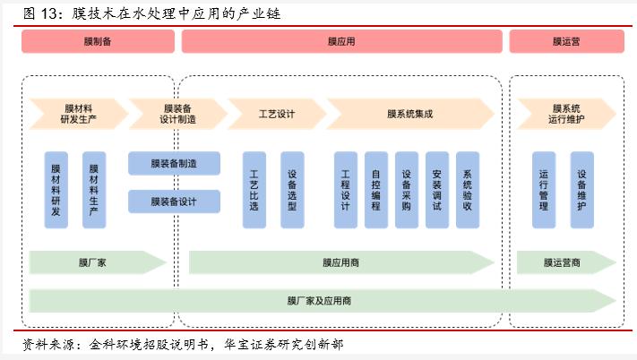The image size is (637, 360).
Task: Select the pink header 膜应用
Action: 341,41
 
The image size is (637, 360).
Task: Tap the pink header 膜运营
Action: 565,41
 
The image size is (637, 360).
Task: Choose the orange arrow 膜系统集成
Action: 409,114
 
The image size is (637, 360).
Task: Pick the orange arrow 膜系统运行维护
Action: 565,114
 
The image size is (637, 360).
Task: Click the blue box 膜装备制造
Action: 174,163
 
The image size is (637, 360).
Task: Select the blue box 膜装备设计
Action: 174,201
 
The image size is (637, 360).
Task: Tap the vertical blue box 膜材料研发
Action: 56,189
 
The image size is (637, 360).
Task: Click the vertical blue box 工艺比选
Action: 254,189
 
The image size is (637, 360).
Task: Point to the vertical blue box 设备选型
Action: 292,189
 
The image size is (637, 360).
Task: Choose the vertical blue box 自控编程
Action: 375,189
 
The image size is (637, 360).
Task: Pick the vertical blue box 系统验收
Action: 466,189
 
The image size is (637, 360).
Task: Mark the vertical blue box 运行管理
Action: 544,189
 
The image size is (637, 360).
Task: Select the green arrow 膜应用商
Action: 341,262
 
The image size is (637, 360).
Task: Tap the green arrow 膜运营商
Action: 563,262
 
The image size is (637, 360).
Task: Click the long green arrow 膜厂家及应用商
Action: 320,300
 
